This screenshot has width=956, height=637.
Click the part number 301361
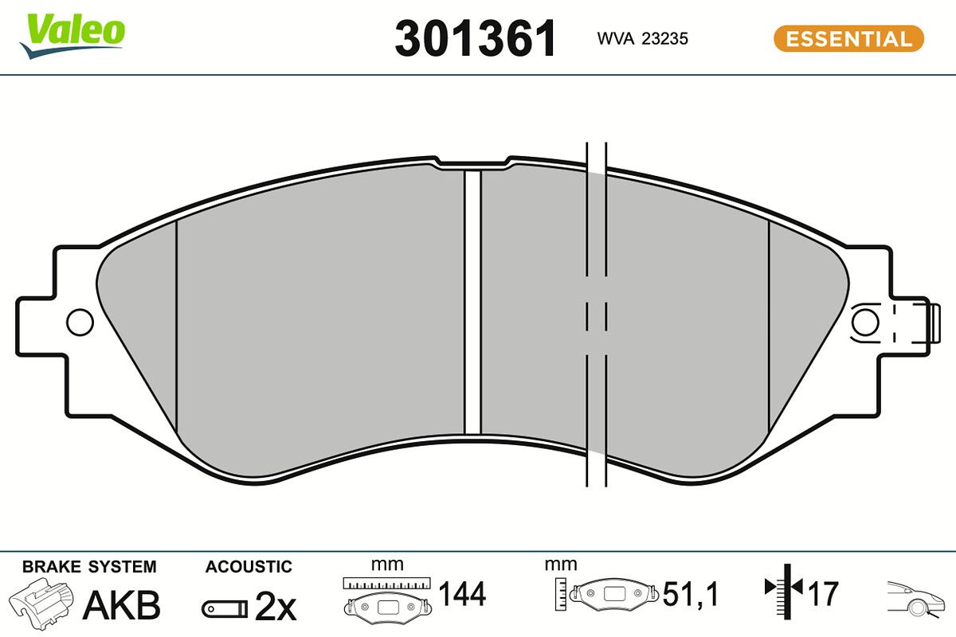[x=476, y=38]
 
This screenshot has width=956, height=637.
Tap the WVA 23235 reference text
[x=643, y=39]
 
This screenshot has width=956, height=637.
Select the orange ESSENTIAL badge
[x=849, y=39]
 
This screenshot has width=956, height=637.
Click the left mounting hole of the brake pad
[x=80, y=322]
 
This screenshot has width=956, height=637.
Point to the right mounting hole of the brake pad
[x=865, y=322]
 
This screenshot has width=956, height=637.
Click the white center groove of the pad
[x=472, y=302]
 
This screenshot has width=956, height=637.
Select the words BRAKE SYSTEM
[x=89, y=567]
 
